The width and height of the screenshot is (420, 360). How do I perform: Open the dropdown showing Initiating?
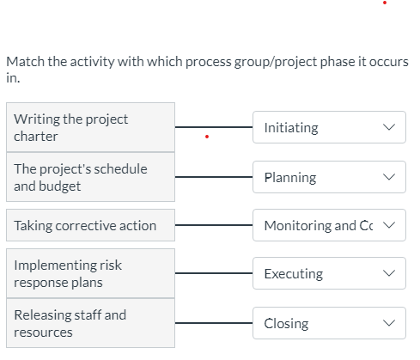click(329, 127)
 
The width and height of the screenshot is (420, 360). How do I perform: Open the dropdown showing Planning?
click(329, 177)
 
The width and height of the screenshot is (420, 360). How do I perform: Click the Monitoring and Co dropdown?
click(329, 226)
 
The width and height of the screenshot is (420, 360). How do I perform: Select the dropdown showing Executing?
click(329, 274)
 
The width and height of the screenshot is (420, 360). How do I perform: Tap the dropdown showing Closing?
click(329, 323)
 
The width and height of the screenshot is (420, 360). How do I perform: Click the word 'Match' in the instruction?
click(24, 63)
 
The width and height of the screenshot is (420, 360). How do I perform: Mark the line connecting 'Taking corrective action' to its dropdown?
click(214, 226)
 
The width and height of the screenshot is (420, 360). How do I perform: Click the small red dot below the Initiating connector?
click(207, 136)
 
